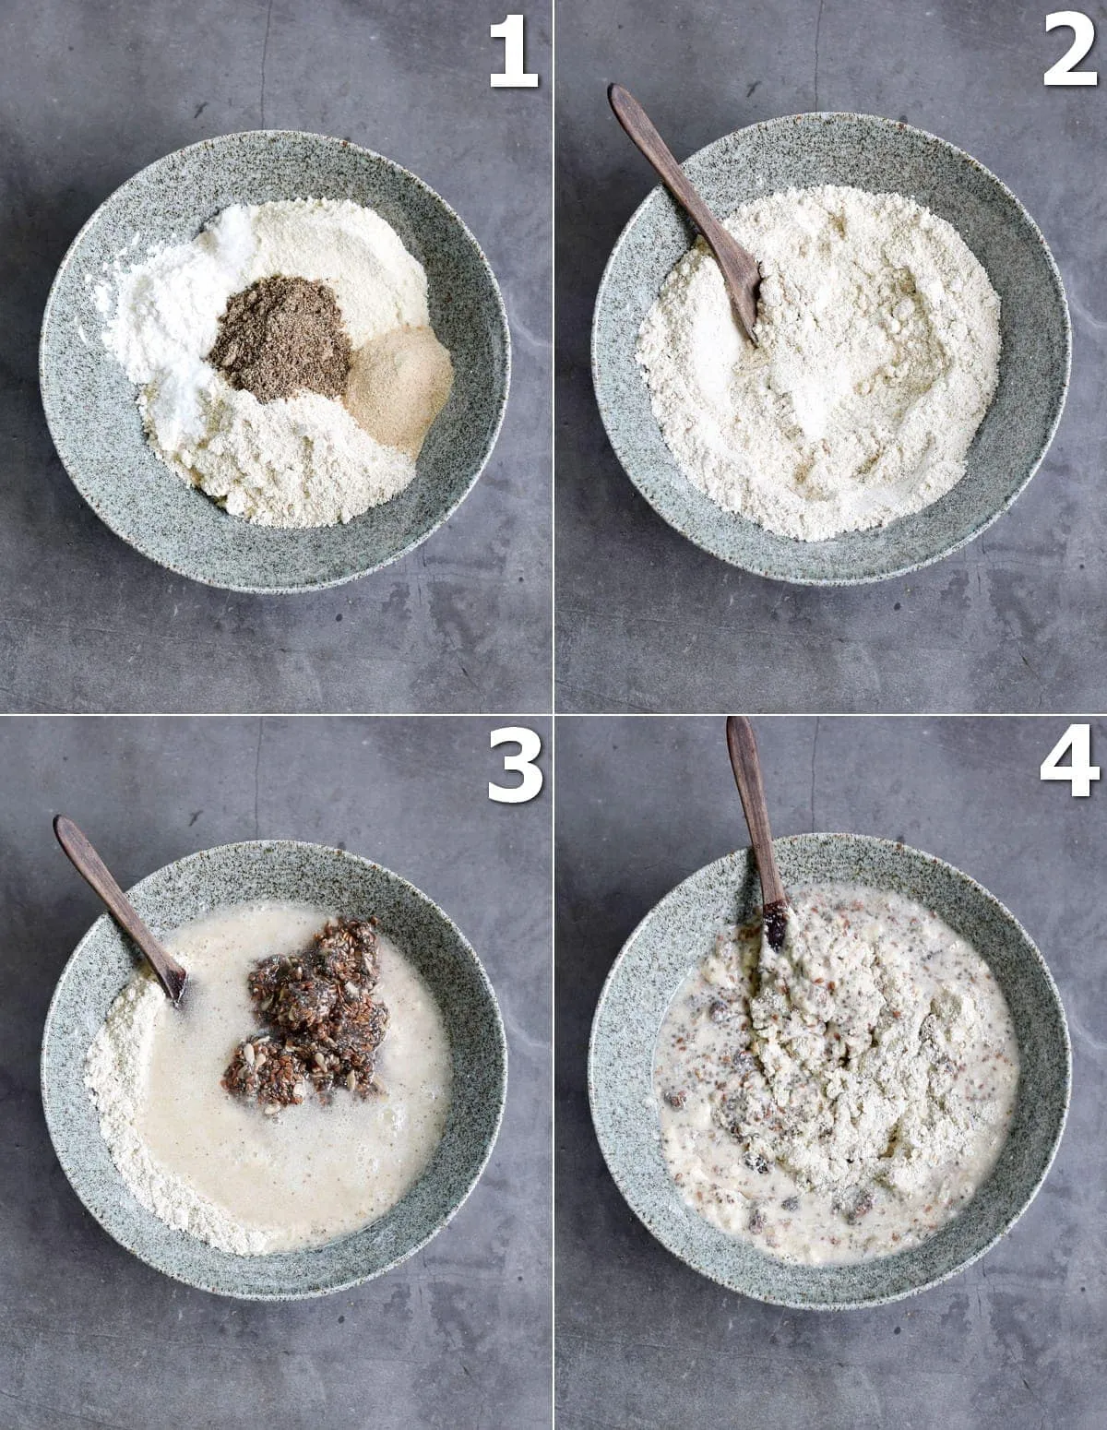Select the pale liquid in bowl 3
coord(277,1162)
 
